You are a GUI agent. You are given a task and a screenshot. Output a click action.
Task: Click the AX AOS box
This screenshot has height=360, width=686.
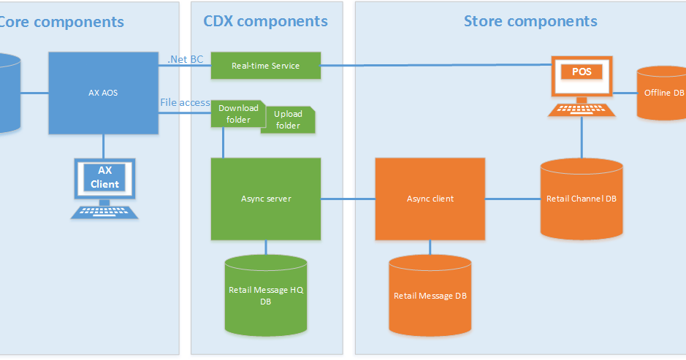tap(104, 93)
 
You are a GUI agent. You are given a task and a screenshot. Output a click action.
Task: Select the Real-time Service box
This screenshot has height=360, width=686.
tap(265, 66)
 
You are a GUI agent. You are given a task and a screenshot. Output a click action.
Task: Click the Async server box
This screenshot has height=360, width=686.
tap(265, 199)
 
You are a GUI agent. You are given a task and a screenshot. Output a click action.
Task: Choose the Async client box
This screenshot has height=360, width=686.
tap(430, 199)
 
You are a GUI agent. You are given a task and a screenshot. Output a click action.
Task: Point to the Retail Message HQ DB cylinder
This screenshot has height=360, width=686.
tap(265, 295)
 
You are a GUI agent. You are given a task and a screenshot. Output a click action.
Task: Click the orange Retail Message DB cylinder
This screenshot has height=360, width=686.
tap(430, 295)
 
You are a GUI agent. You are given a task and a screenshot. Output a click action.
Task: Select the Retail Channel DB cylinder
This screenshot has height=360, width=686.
tap(582, 199)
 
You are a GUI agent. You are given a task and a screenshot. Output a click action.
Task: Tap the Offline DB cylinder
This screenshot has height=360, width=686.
tap(663, 93)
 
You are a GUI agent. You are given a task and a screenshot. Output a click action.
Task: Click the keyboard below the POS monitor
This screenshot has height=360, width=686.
tap(582, 110)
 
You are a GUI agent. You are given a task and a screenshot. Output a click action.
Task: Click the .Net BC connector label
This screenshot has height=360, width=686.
tap(186, 59)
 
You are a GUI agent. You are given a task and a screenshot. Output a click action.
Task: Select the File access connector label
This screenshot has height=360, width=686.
tap(185, 102)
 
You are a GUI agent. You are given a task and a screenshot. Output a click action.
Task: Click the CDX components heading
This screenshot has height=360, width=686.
tap(265, 21)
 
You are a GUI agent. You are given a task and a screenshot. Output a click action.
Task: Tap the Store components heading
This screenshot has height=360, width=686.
tap(530, 21)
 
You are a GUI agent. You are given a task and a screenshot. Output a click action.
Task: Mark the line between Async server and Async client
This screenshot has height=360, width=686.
tap(348, 199)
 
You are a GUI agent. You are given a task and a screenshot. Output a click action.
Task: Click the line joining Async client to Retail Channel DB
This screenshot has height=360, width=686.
tap(512, 199)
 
